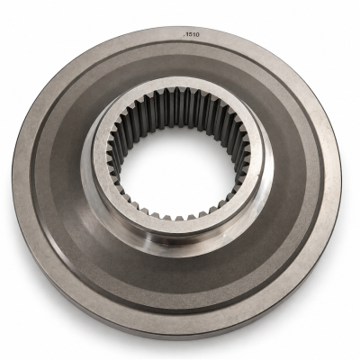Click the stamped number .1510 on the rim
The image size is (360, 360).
191,35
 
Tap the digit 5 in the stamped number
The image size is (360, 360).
190,35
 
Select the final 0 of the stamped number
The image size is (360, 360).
197,35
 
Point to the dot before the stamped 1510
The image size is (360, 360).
184,36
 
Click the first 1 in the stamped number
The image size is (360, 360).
186,35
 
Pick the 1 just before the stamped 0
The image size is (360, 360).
193,35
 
